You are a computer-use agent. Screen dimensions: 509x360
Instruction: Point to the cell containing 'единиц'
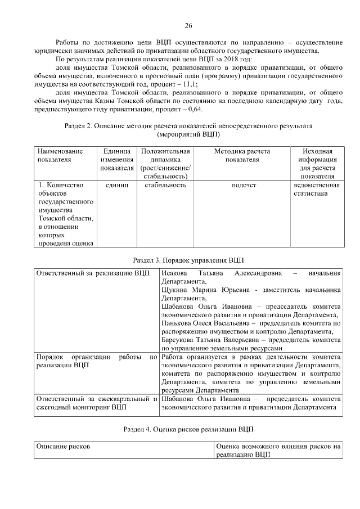click(x=117, y=185)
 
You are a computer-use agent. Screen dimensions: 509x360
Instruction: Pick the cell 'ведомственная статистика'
click(x=316, y=189)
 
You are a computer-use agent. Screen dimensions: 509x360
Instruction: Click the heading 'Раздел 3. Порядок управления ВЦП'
click(x=188, y=260)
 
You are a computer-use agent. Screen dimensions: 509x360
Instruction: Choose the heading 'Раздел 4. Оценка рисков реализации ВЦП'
click(x=188, y=429)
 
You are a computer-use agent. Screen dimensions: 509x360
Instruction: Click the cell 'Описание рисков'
click(x=64, y=446)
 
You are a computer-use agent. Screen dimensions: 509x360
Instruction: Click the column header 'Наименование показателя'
click(x=60, y=155)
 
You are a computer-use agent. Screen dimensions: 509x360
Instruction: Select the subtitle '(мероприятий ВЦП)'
click(x=188, y=134)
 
